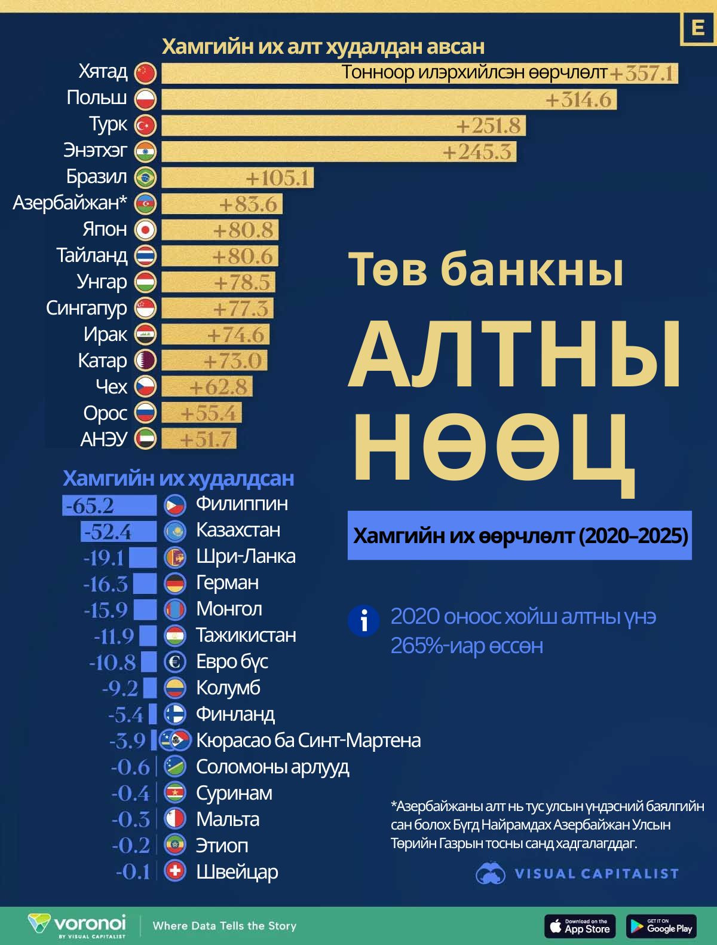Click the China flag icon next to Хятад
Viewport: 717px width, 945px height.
click(145, 73)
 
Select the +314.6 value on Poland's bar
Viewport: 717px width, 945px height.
click(578, 99)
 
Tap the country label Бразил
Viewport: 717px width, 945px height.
click(97, 177)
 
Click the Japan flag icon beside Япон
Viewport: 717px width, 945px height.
click(145, 230)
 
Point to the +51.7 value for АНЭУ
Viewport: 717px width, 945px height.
click(205, 440)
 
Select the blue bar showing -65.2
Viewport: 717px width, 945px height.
click(110, 505)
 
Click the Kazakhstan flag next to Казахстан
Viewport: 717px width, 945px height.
click(176, 531)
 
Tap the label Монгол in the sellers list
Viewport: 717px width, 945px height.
click(229, 609)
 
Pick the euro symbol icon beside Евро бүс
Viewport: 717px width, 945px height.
click(176, 661)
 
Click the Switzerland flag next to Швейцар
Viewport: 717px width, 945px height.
click(176, 871)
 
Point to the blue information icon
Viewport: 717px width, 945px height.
click(363, 621)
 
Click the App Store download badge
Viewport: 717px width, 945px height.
click(579, 926)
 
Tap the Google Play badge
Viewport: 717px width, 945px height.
click(661, 926)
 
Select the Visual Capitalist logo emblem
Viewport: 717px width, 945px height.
click(491, 873)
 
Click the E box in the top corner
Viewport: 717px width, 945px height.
click(697, 28)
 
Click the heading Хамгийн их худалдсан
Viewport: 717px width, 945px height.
click(178, 478)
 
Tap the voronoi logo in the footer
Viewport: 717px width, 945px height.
click(77, 924)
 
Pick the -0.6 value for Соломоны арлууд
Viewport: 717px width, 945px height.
click(130, 767)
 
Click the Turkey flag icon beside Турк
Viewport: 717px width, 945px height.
click(145, 126)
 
